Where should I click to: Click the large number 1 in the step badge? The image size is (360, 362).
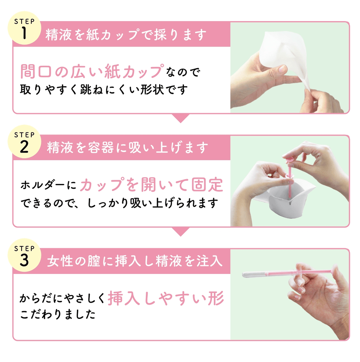pos(24,34)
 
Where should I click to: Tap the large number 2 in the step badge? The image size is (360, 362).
pos(24,147)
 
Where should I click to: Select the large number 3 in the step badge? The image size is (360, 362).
pos(24,261)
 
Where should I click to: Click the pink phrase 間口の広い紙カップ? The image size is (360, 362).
pos(90,72)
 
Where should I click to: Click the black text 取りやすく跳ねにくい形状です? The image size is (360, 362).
pos(104,89)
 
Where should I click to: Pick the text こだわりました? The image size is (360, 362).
pos(58,314)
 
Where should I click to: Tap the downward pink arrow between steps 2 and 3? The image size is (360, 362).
pos(180,231)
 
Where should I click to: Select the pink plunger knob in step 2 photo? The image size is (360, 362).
pos(288,158)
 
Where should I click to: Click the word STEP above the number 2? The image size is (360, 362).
pos(24,135)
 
